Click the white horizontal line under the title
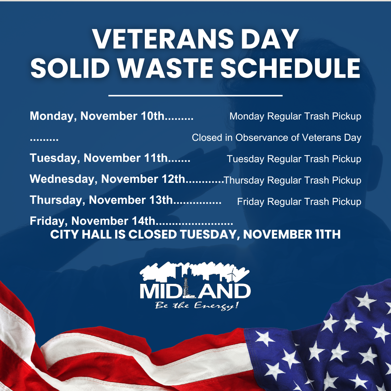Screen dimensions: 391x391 click(x=195, y=96)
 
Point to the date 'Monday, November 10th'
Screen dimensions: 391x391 click(x=97, y=116)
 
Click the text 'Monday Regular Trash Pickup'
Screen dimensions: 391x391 click(x=295, y=117)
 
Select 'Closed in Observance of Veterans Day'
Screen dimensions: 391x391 click(x=277, y=138)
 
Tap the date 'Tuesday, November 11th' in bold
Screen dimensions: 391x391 click(x=98, y=159)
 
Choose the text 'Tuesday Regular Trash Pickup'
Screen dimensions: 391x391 click(x=294, y=159)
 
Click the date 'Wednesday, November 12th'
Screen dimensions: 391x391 click(x=108, y=179)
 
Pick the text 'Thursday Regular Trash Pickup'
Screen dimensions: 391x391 click(x=293, y=180)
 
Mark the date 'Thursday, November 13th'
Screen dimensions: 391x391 click(x=102, y=200)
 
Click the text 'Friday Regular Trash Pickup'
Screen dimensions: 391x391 click(x=299, y=202)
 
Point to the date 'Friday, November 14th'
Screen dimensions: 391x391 click(x=93, y=221)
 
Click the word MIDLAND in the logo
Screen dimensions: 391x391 click(x=195, y=291)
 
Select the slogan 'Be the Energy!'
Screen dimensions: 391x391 click(x=197, y=306)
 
